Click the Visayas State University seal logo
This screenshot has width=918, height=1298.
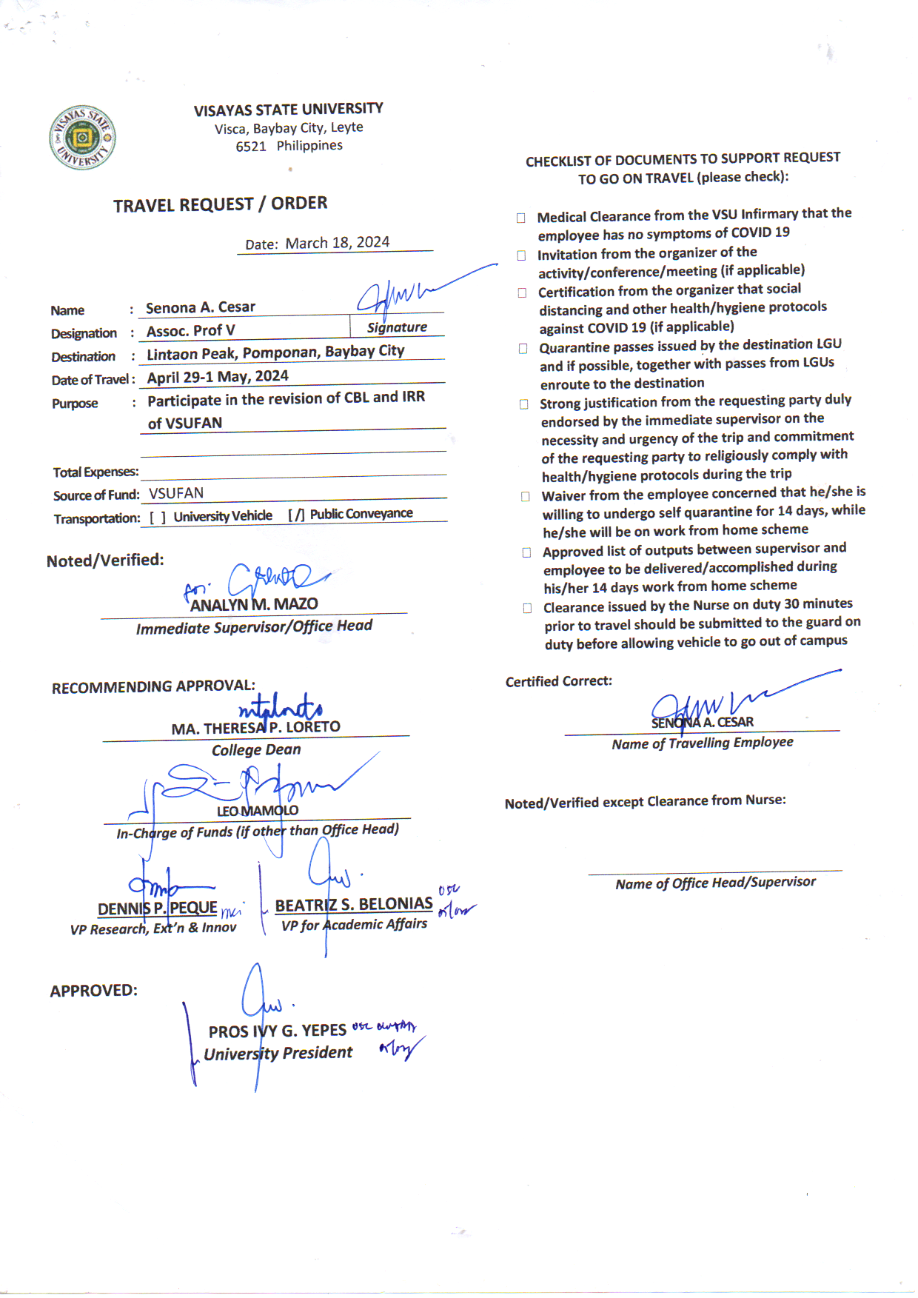pyautogui.click(x=82, y=138)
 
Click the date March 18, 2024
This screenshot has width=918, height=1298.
pyautogui.click(x=337, y=243)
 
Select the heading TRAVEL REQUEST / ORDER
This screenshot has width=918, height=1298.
pyautogui.click(x=220, y=204)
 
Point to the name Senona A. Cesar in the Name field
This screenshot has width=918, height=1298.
pyautogui.click(x=200, y=307)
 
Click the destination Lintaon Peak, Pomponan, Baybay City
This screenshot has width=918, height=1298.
pyautogui.click(x=275, y=352)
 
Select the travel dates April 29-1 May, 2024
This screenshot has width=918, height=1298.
pyautogui.click(x=218, y=377)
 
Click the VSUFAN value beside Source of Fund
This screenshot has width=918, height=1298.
pyautogui.click(x=176, y=493)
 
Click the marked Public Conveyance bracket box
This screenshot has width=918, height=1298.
pyautogui.click(x=296, y=515)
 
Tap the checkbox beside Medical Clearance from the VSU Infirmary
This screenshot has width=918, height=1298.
pyautogui.click(x=521, y=218)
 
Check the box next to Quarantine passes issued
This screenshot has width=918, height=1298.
pyautogui.click(x=523, y=348)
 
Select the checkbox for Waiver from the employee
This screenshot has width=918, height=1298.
pyautogui.click(x=526, y=496)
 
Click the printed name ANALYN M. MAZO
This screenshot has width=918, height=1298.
pyautogui.click(x=254, y=605)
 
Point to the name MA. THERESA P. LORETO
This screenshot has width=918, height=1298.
pyautogui.click(x=255, y=728)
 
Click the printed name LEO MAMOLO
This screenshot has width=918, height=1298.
pyautogui.click(x=258, y=811)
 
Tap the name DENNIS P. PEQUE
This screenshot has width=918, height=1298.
pyautogui.click(x=158, y=909)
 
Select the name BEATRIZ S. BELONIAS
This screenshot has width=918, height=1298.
pyautogui.click(x=354, y=904)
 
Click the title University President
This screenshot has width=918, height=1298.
pyautogui.click(x=278, y=1053)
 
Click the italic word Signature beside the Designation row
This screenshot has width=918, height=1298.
pyautogui.click(x=397, y=327)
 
